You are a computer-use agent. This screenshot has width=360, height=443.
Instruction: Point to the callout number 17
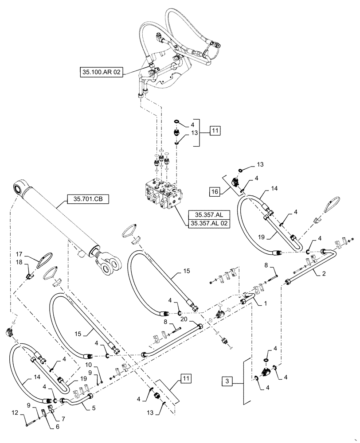pos(19,254)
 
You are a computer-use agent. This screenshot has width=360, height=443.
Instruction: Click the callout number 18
pos(19,264)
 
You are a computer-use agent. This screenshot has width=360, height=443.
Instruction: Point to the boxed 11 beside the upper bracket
pos(214,131)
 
